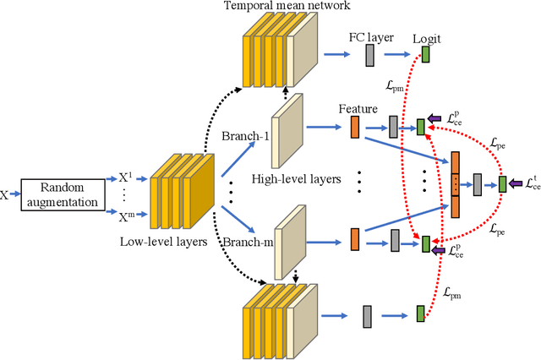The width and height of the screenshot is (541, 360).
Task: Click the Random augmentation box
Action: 60,194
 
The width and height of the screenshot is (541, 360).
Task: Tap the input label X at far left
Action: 5,194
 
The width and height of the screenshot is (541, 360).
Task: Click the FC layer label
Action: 369,38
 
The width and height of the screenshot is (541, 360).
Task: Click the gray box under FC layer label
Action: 369,56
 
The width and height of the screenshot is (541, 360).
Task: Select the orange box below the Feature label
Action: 355,128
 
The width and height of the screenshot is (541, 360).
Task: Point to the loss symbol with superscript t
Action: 530,183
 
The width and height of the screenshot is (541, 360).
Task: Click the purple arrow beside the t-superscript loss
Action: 515,183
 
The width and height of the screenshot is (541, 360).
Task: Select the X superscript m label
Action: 126,219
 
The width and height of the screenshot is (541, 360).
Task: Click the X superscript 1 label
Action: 126,178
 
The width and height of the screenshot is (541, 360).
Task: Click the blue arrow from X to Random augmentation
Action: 14,194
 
